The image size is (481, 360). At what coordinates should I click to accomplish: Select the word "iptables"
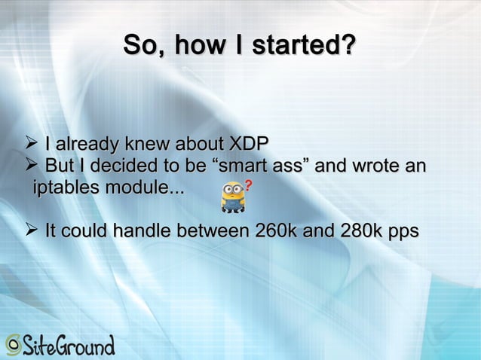pyautogui.click(x=65, y=187)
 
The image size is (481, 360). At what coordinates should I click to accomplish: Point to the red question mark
pyautogui.click(x=248, y=185)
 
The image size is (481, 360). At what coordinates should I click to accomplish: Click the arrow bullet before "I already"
pyautogui.click(x=31, y=143)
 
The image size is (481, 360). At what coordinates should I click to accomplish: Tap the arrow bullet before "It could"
pyautogui.click(x=31, y=231)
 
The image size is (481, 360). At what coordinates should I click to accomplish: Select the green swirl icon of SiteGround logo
pyautogui.click(x=13, y=345)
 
